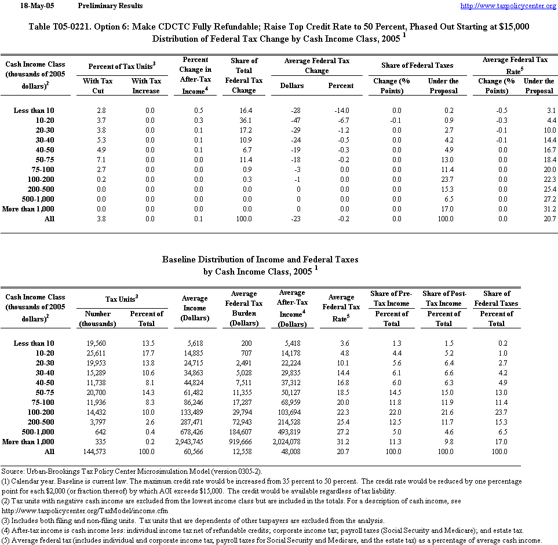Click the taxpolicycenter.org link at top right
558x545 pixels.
tap(508, 6)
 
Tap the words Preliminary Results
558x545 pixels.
tap(110, 6)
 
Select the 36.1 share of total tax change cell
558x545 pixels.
tap(244, 120)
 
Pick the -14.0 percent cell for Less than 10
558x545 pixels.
tap(341, 110)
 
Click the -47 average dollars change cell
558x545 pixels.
tap(292, 120)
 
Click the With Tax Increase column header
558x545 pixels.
tap(145, 86)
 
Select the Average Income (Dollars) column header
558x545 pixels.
tap(195, 308)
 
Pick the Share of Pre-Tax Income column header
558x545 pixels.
tap(391, 298)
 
